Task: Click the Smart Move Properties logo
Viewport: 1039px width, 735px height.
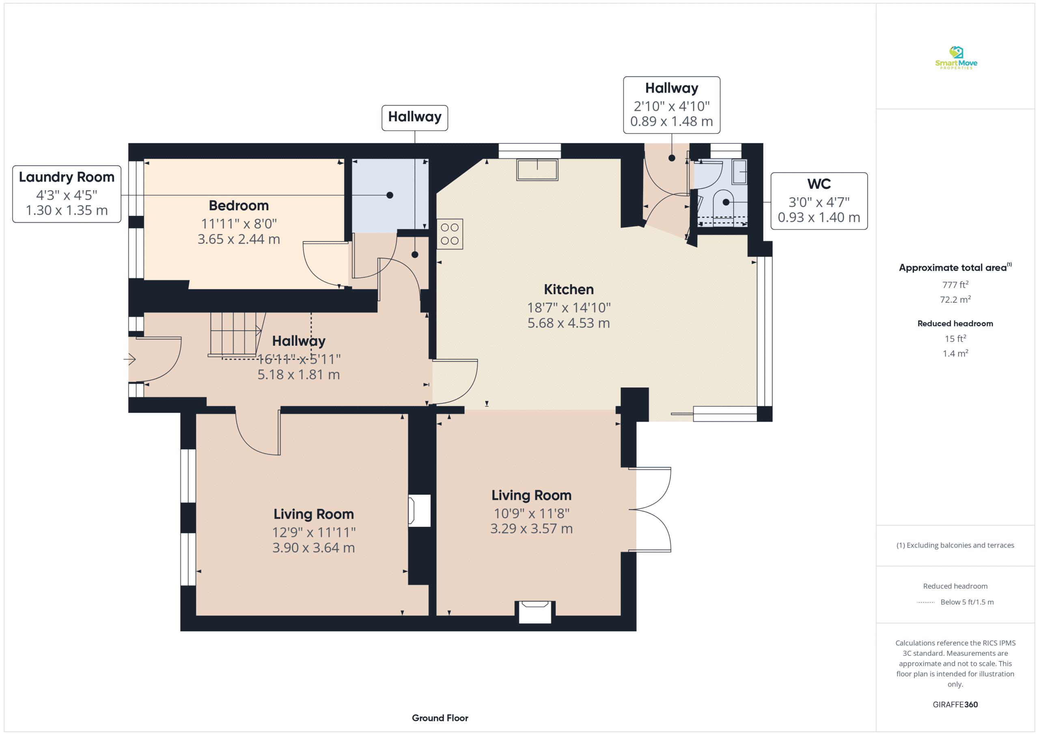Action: coord(956,58)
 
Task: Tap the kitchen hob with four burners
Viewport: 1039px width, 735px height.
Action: coord(450,234)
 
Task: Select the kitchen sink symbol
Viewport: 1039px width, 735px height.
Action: coord(537,170)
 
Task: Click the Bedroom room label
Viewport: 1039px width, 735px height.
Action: coord(239,206)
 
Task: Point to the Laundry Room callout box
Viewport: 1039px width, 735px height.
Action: coord(67,194)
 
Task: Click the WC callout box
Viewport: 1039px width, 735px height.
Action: coord(819,201)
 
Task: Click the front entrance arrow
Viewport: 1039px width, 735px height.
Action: coord(129,359)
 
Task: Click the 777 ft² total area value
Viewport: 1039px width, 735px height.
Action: coord(955,285)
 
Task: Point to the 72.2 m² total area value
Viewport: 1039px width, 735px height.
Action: coord(955,300)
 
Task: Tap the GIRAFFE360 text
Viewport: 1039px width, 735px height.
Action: coord(955,705)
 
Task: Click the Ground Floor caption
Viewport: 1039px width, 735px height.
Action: coord(440,718)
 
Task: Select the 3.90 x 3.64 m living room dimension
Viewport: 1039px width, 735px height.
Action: coord(314,548)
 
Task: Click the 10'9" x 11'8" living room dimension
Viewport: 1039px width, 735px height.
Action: coord(532,514)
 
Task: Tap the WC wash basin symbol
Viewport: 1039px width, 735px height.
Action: coord(739,172)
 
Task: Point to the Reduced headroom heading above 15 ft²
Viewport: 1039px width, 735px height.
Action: coord(955,323)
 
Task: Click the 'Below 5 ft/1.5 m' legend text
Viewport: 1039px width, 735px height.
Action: coord(967,602)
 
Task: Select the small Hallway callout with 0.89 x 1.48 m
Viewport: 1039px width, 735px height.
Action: coord(672,105)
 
